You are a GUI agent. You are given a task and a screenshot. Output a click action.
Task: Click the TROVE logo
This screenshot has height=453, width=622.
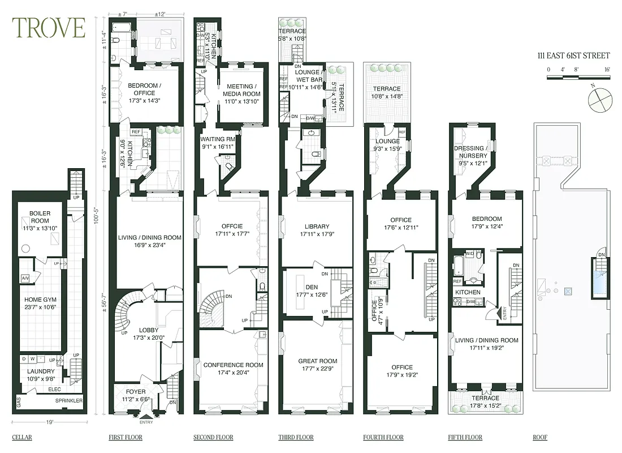(x=49, y=28)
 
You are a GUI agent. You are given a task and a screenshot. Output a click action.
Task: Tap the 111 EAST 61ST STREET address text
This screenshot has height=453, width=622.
(x=573, y=55)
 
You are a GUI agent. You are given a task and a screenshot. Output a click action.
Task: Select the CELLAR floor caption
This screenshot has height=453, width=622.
(x=22, y=437)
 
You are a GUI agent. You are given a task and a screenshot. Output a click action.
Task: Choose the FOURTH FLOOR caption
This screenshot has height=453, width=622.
(x=383, y=437)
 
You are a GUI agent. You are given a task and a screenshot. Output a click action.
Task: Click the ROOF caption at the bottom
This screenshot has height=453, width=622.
(x=540, y=437)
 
